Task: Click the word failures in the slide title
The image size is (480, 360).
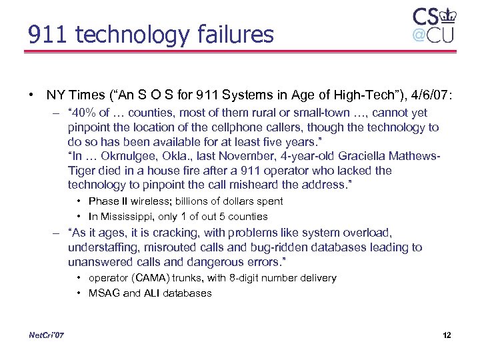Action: coord(234,34)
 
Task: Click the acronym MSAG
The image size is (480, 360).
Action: coord(103,293)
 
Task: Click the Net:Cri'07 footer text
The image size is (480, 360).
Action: coord(47,334)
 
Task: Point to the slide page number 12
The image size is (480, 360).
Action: coord(447,335)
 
